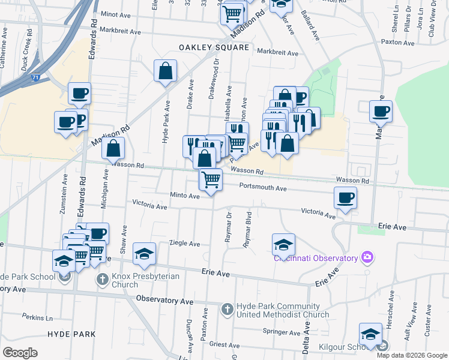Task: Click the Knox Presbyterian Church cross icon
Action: coord(103,280)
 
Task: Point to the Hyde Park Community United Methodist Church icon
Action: coord(227,310)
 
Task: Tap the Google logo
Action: coord(20,353)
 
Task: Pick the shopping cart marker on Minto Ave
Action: coord(211,179)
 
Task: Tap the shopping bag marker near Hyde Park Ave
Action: coord(165,71)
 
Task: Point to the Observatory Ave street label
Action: coord(164,299)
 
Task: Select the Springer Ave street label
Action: coord(280,331)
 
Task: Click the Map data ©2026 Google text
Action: coord(412,355)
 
